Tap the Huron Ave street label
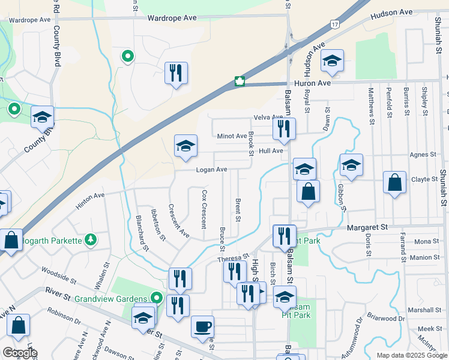313,83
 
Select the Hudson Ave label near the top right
391,13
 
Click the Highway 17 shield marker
333,23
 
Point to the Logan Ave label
211,170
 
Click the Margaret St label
367,227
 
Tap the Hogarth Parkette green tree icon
91,240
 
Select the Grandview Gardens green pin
156,297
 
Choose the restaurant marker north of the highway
176,73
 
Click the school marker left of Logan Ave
185,145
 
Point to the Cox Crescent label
205,209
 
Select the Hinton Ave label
90,200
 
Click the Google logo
20,353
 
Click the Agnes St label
423,154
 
